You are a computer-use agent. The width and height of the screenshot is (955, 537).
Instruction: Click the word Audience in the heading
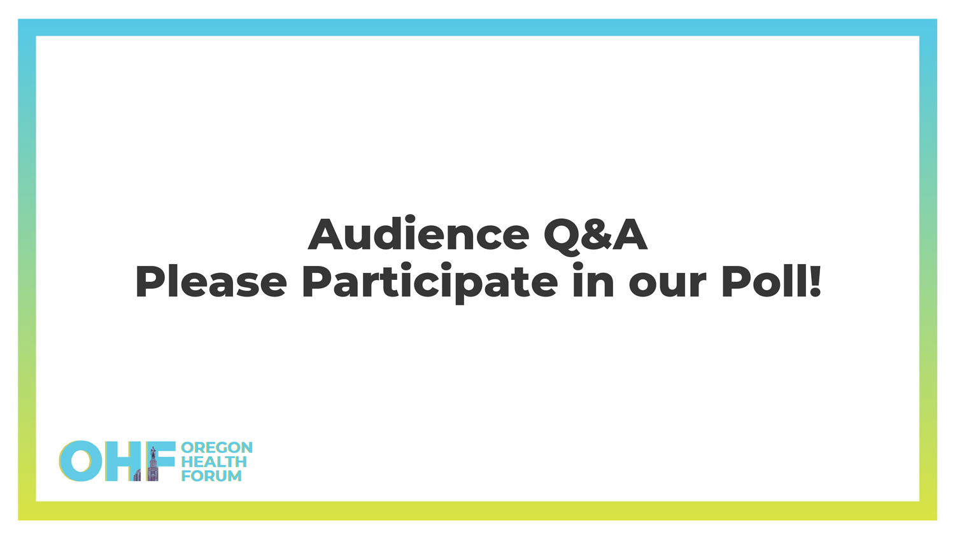click(418, 233)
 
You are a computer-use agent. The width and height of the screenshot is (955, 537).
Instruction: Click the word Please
click(211, 281)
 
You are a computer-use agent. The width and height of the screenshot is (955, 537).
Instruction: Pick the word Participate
click(430, 282)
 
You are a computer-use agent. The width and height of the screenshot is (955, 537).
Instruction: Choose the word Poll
click(764, 281)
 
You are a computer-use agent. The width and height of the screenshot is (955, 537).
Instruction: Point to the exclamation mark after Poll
click(815, 281)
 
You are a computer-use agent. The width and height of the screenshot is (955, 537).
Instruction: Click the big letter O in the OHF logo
click(81, 461)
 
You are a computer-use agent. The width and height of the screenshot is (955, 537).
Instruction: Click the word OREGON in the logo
click(216, 447)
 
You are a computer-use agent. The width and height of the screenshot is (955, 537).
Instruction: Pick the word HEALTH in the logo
click(214, 461)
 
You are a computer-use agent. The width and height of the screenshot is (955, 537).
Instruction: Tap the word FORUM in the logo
click(211, 476)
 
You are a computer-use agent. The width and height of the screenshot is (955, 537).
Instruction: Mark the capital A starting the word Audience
click(325, 234)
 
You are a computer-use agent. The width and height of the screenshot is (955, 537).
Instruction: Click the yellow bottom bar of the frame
click(478, 510)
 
